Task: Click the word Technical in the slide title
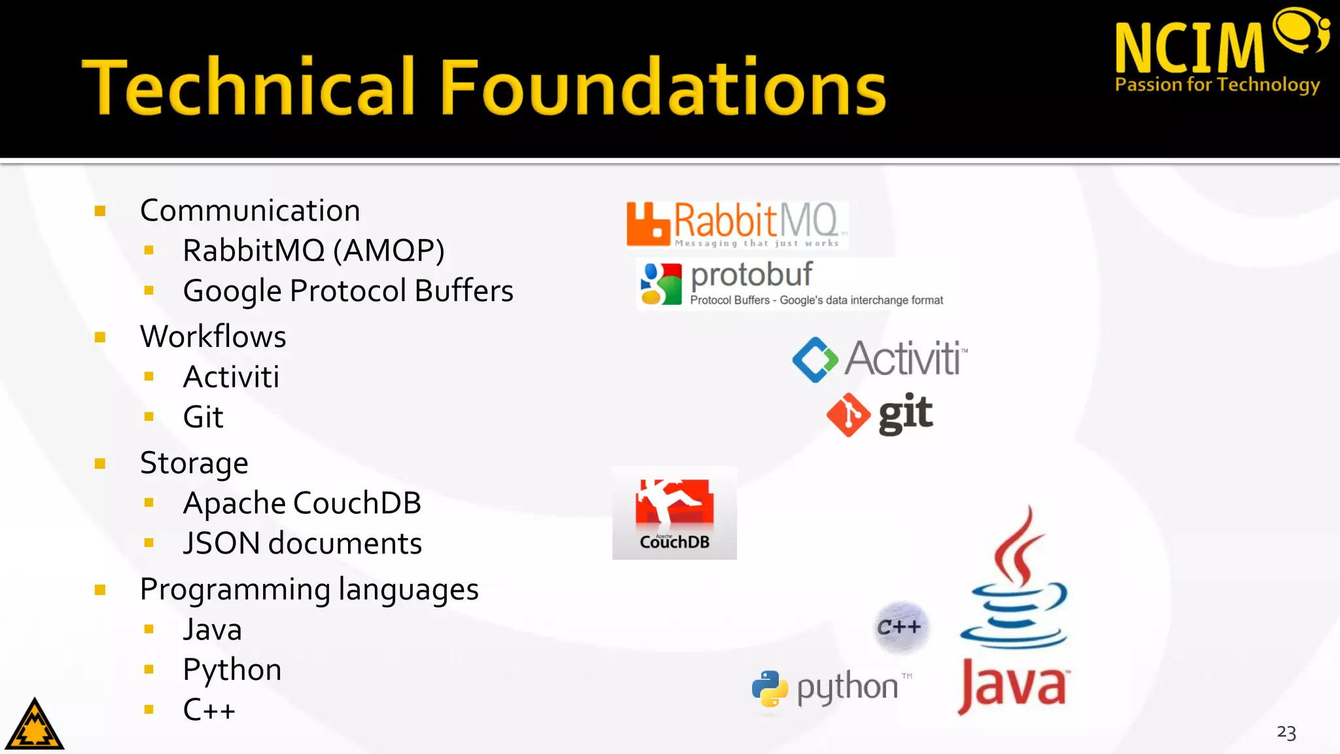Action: [x=249, y=86]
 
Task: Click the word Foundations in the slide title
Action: [x=662, y=86]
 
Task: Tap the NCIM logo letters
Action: [x=1190, y=47]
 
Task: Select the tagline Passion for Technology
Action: [x=1217, y=85]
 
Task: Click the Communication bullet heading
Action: [x=250, y=211]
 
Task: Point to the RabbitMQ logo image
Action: [x=737, y=224]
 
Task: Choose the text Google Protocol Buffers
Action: [x=348, y=291]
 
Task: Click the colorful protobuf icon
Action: [x=661, y=284]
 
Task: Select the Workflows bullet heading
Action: [x=213, y=336]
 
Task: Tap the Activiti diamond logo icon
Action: [x=815, y=359]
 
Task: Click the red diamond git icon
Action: [x=848, y=415]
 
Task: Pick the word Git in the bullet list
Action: [x=203, y=417]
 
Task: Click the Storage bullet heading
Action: [x=194, y=463]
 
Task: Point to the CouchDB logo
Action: [x=675, y=513]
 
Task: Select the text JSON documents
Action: [x=302, y=543]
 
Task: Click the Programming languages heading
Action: [x=309, y=590]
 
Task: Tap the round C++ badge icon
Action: [x=900, y=627]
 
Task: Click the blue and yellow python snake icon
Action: [x=769, y=689]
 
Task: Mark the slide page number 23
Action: [x=1286, y=732]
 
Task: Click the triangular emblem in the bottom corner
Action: [x=35, y=725]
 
